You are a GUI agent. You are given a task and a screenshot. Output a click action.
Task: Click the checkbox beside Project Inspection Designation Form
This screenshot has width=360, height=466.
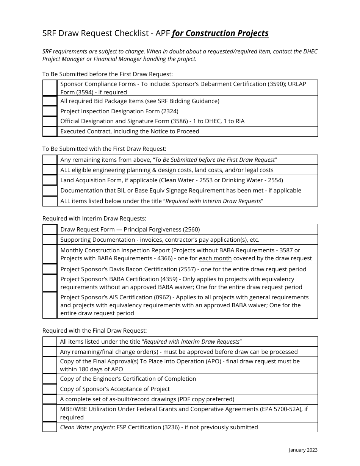coord(50,111)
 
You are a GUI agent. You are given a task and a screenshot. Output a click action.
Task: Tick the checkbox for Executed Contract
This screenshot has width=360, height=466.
coord(50,131)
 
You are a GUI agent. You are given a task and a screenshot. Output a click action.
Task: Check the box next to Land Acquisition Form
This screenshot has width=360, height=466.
coord(50,180)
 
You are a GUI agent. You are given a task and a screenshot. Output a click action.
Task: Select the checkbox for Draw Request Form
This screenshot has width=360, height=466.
coord(50,229)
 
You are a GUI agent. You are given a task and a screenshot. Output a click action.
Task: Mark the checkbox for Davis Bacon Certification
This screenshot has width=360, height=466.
coord(50,269)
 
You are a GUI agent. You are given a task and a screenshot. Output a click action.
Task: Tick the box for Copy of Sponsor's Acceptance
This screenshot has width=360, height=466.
coord(50,389)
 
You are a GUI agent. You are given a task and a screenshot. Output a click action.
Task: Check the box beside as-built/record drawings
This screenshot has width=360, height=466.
coord(50,399)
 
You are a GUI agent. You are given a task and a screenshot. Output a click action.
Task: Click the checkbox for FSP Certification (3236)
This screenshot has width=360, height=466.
coord(50,427)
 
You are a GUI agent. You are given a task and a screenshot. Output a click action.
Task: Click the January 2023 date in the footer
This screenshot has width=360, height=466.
coord(303,450)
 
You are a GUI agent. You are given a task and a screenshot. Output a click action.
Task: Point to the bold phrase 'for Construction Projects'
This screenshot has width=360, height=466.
coord(220,33)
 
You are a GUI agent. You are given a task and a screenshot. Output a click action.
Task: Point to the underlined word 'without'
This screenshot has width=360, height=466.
coord(110,287)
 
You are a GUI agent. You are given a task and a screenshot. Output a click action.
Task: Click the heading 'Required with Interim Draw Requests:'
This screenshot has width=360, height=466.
coord(94,219)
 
